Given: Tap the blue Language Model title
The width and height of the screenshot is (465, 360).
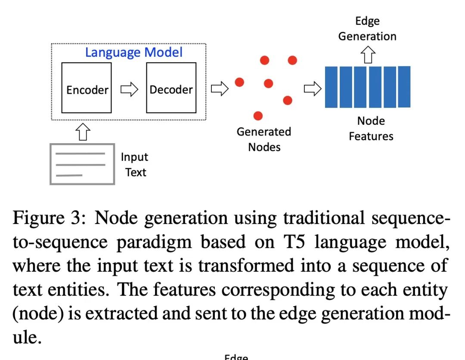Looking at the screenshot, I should click(x=134, y=52).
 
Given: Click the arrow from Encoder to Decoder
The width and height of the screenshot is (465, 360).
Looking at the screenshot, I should click(x=129, y=89).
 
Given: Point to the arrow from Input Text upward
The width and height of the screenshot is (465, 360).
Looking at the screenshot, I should click(x=83, y=131).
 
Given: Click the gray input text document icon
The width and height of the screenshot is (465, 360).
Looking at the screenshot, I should click(x=82, y=164).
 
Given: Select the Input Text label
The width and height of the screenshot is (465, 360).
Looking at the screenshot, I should click(x=134, y=165).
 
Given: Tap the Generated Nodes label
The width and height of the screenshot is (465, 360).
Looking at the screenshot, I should click(x=264, y=139).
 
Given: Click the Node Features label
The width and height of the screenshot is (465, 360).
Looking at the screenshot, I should click(x=371, y=129).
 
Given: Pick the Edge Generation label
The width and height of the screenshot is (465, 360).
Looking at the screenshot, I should click(x=367, y=29).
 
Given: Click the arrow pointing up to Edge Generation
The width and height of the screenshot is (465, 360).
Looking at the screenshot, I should click(x=368, y=55).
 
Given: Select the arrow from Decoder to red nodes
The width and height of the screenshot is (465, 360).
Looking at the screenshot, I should click(x=219, y=89).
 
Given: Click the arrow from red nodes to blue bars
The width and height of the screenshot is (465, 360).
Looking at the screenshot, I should click(x=313, y=89).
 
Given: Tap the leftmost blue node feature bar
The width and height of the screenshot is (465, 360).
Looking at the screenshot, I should click(x=331, y=87).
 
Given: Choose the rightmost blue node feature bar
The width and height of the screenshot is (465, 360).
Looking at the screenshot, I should click(x=404, y=86).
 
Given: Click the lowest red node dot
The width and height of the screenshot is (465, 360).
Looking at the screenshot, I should click(x=258, y=115).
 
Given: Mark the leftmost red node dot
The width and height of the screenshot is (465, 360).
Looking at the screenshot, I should click(x=239, y=82).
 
